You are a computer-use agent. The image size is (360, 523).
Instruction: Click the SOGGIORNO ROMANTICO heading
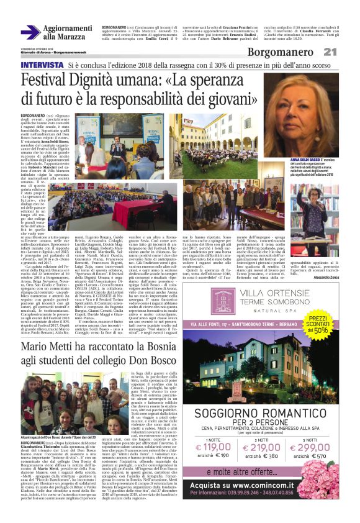click(267, 412)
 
